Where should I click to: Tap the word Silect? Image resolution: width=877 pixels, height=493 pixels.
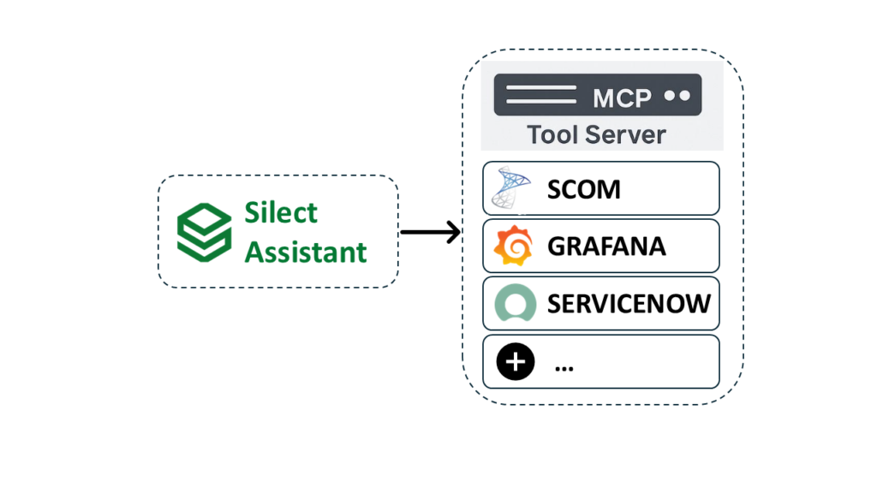[281, 212]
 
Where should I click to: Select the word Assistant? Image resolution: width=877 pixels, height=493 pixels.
[306, 252]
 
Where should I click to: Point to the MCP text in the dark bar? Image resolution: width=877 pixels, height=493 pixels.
[622, 97]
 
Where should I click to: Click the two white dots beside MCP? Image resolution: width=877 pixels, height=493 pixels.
[677, 96]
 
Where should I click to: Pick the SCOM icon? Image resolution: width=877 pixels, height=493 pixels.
[512, 188]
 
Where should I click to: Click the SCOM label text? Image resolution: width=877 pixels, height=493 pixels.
[584, 189]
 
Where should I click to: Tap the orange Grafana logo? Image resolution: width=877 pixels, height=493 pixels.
[513, 246]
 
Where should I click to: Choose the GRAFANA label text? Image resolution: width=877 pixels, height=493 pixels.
[606, 246]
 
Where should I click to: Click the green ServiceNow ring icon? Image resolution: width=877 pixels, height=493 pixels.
[515, 304]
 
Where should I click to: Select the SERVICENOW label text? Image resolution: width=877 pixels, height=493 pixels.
[629, 304]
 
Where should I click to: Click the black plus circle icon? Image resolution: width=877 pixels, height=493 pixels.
[515, 362]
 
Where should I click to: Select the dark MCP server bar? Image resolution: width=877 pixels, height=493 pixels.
[598, 95]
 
